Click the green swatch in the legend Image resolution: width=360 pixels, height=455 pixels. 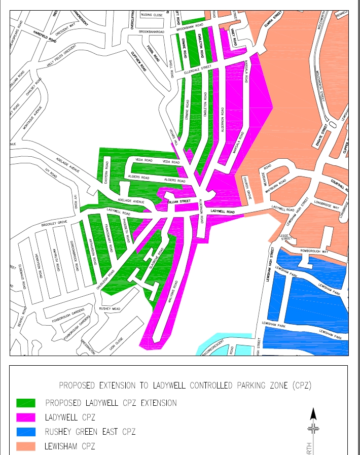pos(26,403)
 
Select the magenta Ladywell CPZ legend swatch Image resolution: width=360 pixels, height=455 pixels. pos(26,417)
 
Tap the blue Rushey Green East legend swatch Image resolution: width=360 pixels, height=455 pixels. pos(26,432)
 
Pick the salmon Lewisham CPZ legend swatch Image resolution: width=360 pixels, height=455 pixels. pos(26,446)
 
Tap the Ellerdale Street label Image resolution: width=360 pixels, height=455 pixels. pos(191,70)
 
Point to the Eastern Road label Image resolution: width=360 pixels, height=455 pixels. pos(106,169)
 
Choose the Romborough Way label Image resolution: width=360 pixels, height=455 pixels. pos(314,251)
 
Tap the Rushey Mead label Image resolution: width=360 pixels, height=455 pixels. pos(110,308)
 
